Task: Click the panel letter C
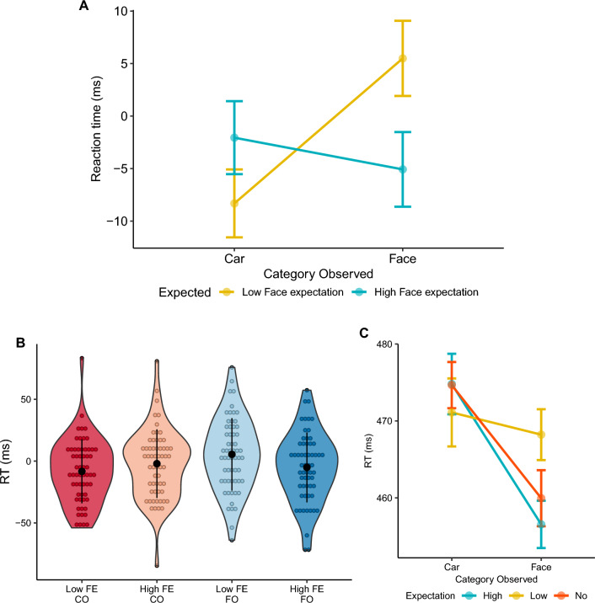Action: click(x=363, y=333)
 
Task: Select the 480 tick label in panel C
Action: click(x=382, y=344)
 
